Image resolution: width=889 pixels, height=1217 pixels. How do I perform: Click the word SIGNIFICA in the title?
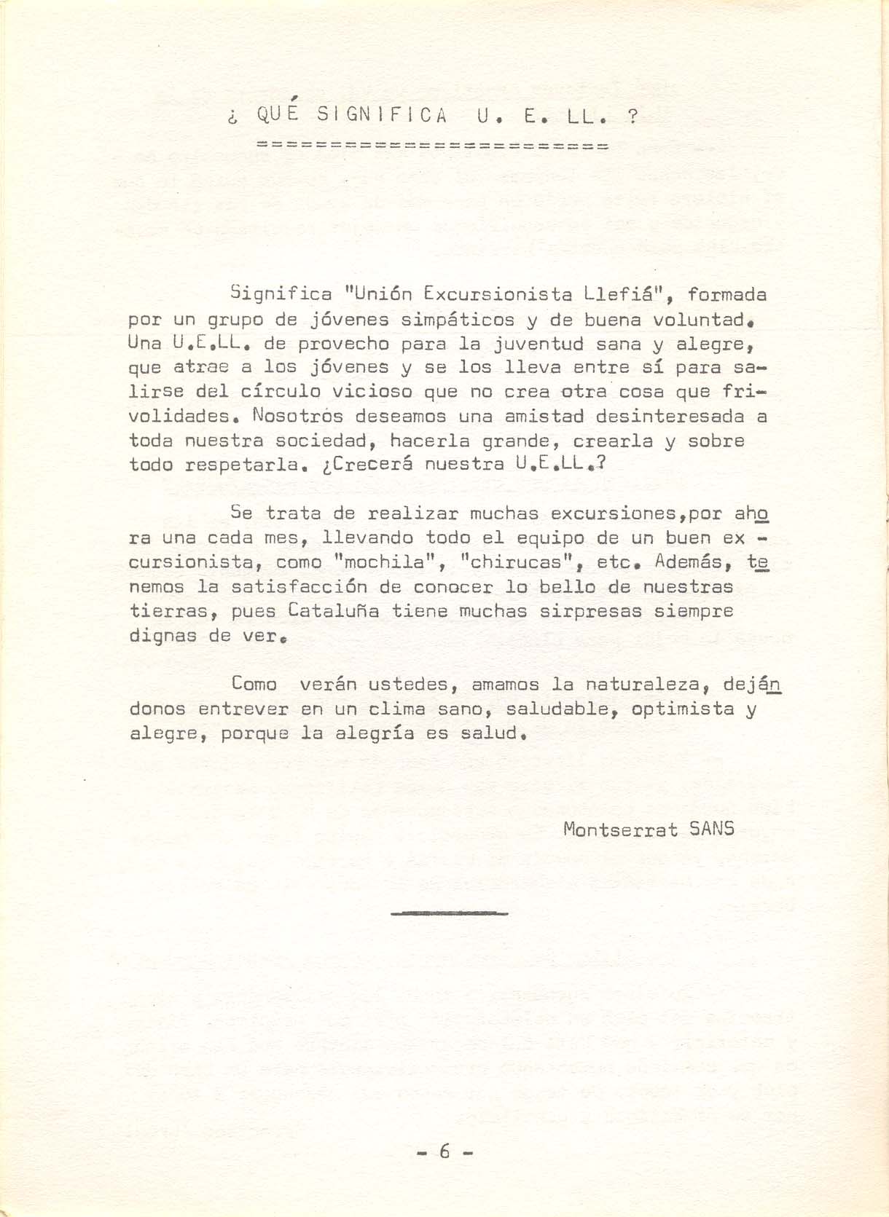383,116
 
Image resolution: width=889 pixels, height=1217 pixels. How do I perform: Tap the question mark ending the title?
633,117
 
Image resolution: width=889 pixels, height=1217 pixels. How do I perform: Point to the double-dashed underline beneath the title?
434,146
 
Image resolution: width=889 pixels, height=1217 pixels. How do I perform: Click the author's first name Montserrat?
620,829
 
